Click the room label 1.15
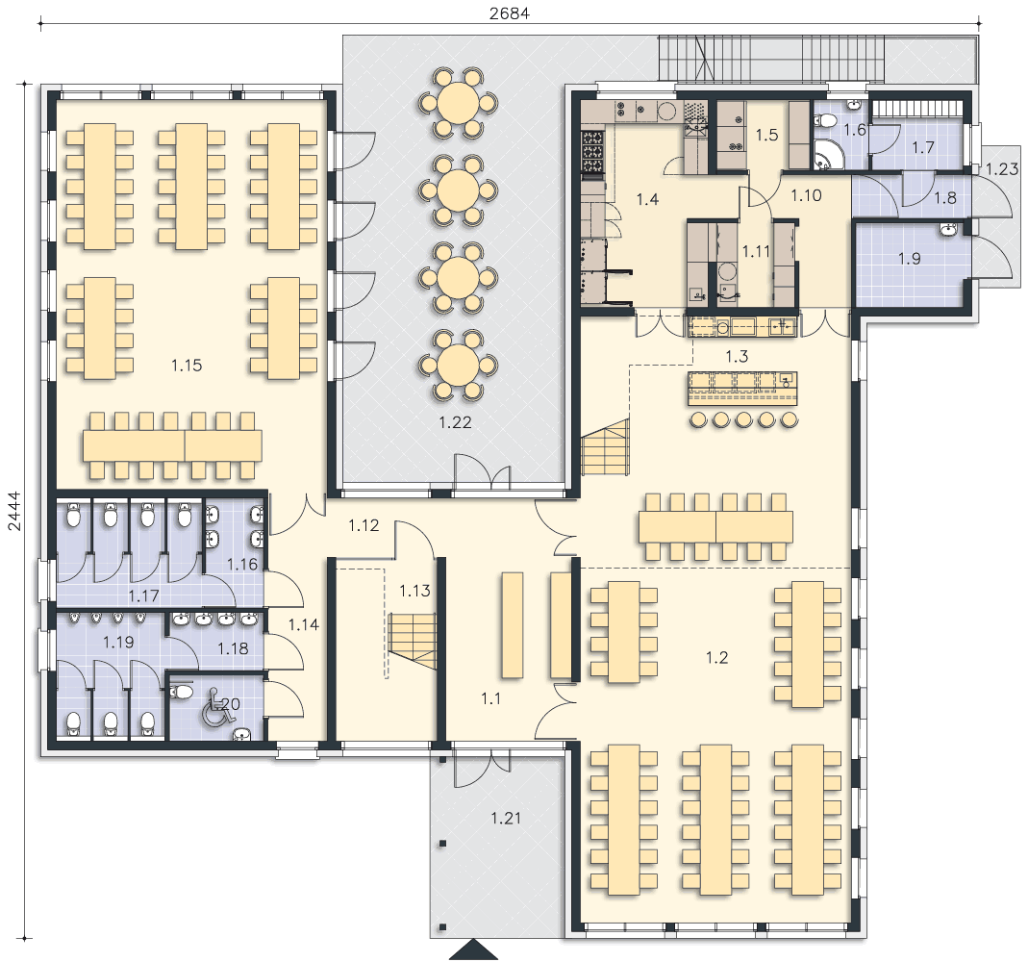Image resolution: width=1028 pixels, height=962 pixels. (187, 366)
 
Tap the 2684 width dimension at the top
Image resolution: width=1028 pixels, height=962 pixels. (510, 13)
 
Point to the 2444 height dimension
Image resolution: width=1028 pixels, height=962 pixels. (13, 512)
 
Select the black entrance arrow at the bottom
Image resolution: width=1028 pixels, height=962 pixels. (473, 950)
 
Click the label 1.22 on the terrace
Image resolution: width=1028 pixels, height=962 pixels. (455, 422)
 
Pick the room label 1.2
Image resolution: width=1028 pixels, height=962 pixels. (716, 657)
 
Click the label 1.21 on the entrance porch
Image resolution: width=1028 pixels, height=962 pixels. (506, 818)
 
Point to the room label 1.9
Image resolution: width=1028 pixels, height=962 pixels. (910, 259)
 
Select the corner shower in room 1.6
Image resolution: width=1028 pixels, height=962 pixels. (826, 154)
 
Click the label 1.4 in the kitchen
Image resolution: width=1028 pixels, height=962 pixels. (647, 199)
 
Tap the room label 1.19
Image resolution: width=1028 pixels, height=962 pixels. (118, 642)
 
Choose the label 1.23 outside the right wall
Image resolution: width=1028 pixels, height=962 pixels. (1002, 169)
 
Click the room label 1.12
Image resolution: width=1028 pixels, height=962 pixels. (364, 525)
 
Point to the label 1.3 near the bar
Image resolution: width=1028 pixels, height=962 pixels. (737, 356)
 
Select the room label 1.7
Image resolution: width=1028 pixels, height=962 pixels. (923, 147)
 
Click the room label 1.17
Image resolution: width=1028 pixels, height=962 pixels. (143, 596)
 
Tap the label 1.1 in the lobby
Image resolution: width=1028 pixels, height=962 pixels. (491, 699)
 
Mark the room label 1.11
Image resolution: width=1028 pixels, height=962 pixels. (756, 251)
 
